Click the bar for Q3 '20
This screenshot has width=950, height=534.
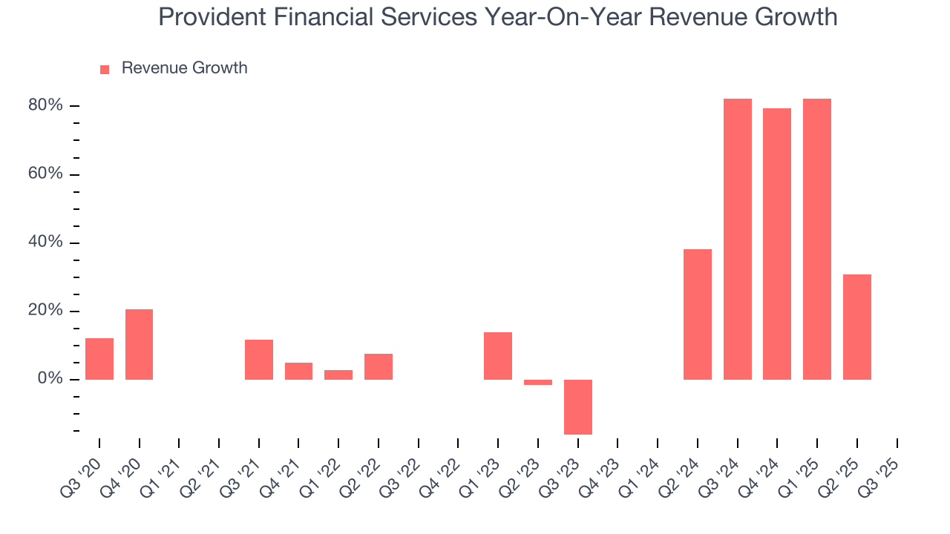[x=99, y=359]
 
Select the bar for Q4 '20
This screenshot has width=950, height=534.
[x=139, y=344]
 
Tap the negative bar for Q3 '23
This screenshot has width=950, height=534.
[x=577, y=406]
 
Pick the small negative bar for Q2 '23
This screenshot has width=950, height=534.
[x=538, y=383]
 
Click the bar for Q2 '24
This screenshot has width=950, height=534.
[x=697, y=314]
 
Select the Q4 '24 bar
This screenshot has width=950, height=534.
[x=776, y=244]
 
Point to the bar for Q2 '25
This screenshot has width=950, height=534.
[x=856, y=327]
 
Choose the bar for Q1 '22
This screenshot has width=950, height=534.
[x=338, y=375]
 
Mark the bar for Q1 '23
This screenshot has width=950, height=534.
[x=498, y=356]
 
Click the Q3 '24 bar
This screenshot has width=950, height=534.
[x=737, y=239]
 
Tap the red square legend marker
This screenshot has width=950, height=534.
[x=105, y=69]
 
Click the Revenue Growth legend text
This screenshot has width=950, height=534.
[x=184, y=68]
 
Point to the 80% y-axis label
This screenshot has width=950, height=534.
[x=46, y=106]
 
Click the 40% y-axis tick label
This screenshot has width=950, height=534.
[x=46, y=243]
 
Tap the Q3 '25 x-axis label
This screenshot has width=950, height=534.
[x=883, y=473]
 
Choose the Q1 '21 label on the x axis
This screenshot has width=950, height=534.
[x=166, y=473]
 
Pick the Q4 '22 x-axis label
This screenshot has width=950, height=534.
[x=445, y=473]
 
